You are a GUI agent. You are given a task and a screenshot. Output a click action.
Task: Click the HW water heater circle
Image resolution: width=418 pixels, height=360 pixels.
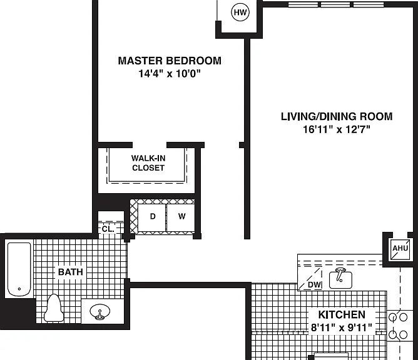240,12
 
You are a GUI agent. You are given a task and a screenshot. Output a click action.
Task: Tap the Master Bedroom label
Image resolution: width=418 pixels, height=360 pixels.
170,61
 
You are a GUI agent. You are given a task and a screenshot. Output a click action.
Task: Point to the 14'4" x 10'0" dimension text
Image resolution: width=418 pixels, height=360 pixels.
170,73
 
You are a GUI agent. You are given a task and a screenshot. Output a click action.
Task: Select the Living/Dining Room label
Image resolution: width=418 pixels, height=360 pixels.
337,117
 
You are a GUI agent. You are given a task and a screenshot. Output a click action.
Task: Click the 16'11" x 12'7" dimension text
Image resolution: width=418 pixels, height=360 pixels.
337,129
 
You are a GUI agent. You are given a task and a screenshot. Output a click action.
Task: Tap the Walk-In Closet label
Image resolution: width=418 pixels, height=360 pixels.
148,163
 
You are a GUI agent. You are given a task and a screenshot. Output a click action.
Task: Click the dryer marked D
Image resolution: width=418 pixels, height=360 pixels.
151,217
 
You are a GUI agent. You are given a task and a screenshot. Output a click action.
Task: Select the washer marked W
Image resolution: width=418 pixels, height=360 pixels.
181,217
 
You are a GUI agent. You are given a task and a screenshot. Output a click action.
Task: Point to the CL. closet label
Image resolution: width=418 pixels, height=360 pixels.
108,229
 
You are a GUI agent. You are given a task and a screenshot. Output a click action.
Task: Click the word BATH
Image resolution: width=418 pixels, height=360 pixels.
71,272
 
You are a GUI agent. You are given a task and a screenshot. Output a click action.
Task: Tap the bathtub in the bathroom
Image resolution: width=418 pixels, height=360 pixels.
19,269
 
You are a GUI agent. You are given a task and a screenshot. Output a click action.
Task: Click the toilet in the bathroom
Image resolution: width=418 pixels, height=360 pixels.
54,308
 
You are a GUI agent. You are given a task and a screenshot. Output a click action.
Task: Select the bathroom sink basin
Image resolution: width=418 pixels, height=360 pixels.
100,311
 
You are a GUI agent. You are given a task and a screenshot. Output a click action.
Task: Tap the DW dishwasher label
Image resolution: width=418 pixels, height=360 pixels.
314,284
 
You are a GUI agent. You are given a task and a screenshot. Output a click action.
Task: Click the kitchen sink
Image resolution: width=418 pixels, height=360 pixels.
340,279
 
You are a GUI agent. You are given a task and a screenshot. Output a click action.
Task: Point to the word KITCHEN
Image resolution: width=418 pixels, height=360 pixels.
342,315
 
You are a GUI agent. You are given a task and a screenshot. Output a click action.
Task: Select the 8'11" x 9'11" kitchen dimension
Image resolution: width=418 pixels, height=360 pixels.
342,327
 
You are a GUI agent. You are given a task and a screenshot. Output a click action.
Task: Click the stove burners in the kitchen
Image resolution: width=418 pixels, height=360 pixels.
398,326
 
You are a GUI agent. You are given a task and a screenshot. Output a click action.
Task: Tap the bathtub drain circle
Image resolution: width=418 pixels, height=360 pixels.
19,289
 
